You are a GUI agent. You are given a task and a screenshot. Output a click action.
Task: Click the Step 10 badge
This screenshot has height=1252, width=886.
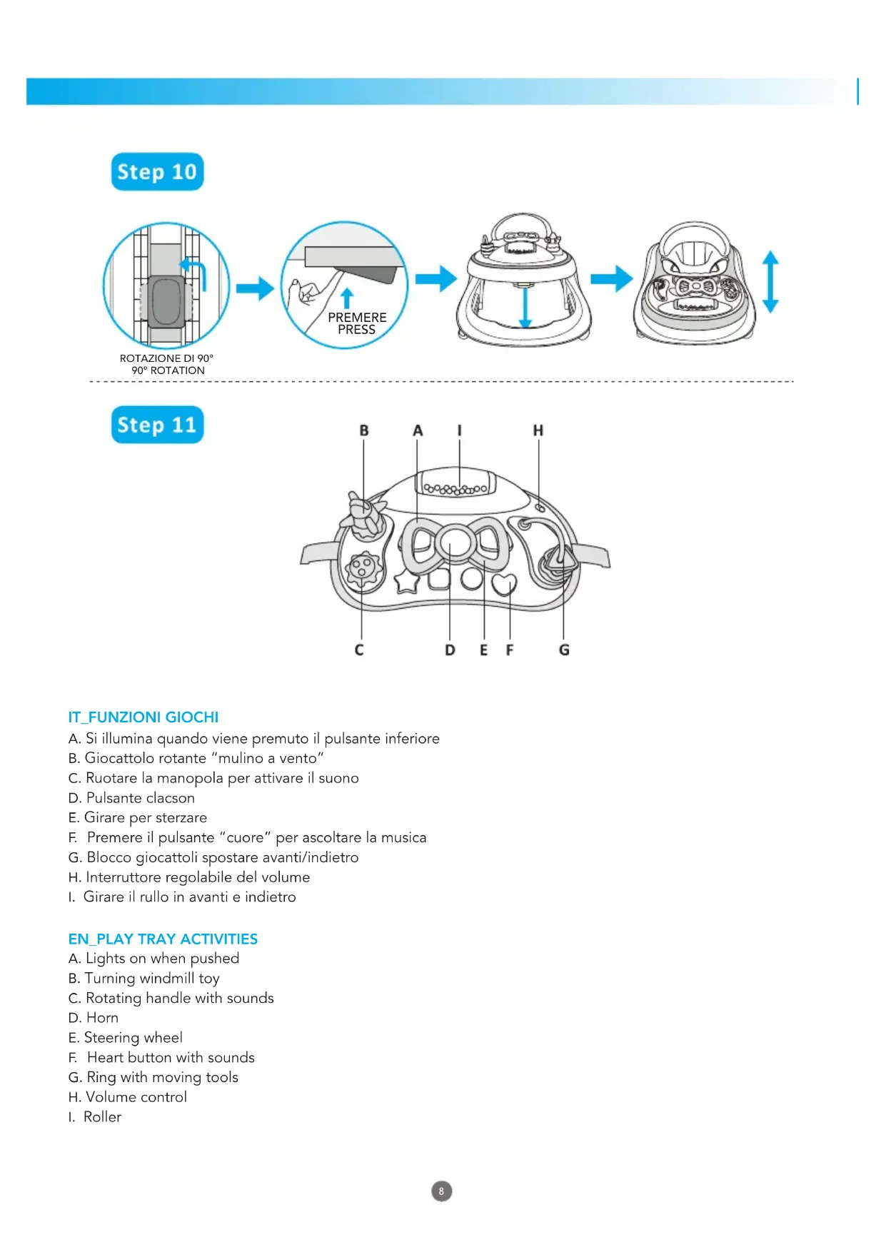(157, 172)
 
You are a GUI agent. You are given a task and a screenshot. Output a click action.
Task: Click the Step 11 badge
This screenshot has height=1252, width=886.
(157, 425)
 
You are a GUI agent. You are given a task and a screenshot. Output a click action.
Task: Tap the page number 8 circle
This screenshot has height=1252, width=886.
(442, 1191)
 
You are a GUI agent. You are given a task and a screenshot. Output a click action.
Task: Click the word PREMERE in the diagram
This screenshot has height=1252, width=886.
(357, 317)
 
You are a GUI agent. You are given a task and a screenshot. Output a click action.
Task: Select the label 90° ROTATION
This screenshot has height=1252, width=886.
(168, 370)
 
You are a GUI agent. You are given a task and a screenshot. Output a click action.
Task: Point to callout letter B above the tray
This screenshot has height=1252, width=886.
(364, 430)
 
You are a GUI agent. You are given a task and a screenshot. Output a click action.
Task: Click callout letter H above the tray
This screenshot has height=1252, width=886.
(538, 430)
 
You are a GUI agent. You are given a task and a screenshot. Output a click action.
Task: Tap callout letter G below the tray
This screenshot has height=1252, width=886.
(564, 650)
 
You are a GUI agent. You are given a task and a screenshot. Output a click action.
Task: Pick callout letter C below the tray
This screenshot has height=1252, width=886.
(359, 650)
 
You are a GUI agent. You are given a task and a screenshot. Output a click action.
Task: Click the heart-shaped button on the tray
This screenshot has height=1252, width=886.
(504, 584)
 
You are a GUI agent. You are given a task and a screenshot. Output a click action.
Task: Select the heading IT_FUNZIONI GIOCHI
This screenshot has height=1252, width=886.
(144, 717)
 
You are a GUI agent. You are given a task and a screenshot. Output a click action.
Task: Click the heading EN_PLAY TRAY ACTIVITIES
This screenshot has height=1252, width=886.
(163, 939)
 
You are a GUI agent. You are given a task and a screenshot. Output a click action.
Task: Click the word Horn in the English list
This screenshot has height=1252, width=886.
(102, 1018)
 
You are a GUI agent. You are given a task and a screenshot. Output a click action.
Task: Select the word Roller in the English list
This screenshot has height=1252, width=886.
(102, 1117)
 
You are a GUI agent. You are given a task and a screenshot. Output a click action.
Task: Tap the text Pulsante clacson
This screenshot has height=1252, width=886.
(140, 798)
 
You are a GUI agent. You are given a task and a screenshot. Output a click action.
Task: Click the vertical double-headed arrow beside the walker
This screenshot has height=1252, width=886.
(770, 281)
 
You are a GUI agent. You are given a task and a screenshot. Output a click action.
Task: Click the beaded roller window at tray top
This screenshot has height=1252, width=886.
(456, 489)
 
